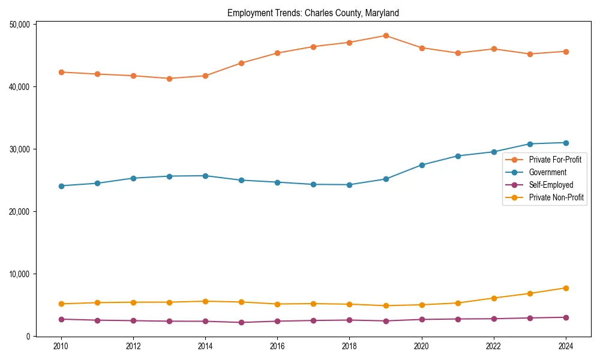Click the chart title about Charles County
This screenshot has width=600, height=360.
pos(313,13)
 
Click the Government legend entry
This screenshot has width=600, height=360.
pos(547,172)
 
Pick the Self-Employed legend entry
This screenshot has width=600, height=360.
pos(551,185)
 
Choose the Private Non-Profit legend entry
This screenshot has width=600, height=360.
pos(556,197)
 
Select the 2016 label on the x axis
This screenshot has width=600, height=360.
pos(277,346)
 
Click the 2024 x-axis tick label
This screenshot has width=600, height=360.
pos(565,346)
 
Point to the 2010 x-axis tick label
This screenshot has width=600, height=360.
pos(60,346)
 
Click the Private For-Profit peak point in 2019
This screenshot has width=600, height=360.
pos(386,35)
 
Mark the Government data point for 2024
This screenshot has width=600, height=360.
pos(566,143)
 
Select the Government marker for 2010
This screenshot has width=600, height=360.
pos(60,186)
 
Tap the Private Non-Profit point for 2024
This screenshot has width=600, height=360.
pos(566,288)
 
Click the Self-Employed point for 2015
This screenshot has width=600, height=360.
pos(241,322)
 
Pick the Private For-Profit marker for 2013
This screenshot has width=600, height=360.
pos(169,79)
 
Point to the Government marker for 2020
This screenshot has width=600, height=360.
pos(422,165)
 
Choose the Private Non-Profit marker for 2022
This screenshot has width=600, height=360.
pos(494,298)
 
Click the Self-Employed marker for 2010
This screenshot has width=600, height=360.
pos(60,319)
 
